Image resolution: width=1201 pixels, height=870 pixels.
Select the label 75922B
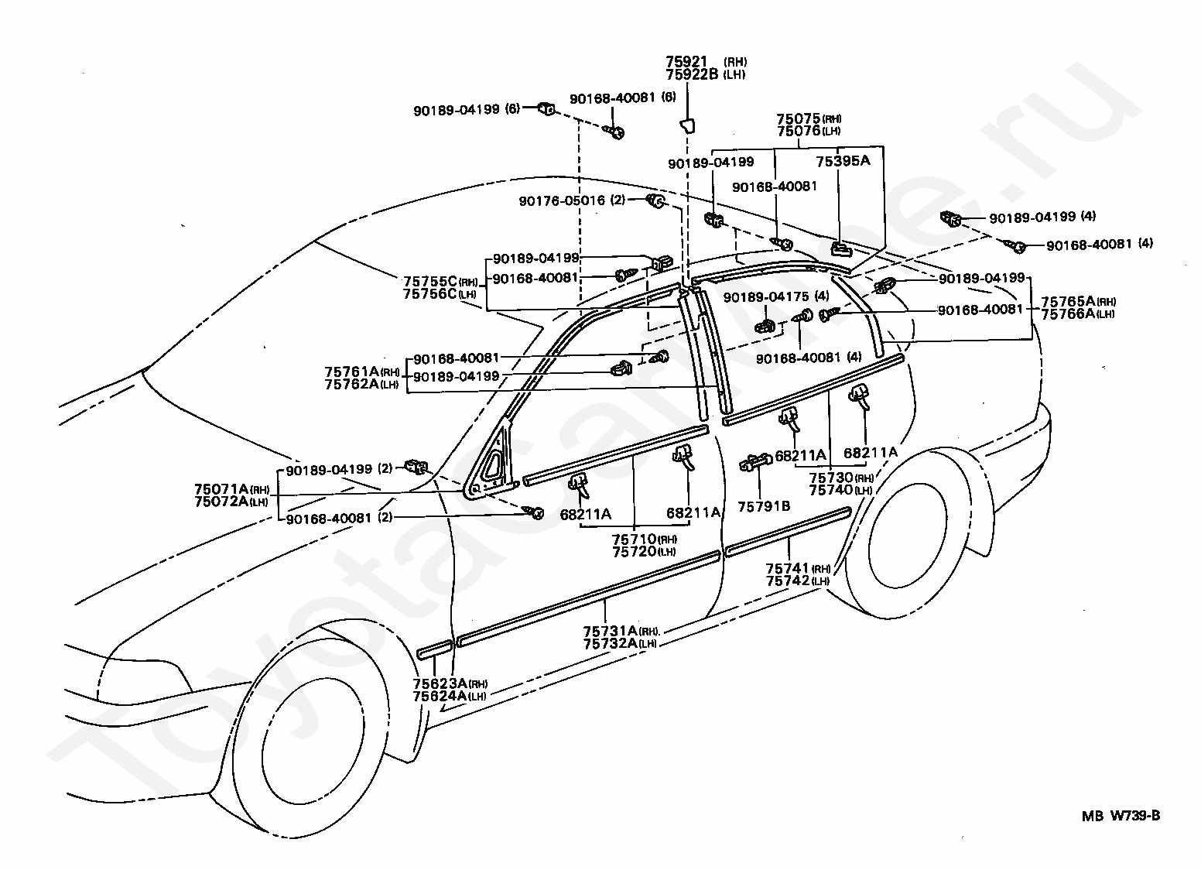click(692, 74)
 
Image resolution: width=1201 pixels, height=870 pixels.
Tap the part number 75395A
click(843, 161)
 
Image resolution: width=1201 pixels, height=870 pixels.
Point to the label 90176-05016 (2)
click(572, 200)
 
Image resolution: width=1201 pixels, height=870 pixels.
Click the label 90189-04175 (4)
click(776, 296)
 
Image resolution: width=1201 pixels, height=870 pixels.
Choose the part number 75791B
click(764, 506)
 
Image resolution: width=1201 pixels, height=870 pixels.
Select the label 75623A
click(440, 683)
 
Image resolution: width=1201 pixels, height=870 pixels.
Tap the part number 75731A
click(610, 631)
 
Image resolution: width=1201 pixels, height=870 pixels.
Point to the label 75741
click(787, 569)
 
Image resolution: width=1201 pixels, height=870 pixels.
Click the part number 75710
click(635, 539)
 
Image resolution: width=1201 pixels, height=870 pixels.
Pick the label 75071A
click(221, 489)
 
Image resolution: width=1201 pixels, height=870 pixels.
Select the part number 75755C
click(430, 282)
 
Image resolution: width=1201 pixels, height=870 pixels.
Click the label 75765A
click(1069, 301)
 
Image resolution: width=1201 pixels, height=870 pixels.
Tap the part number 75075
click(799, 118)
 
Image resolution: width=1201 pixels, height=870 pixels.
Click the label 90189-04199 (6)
click(467, 110)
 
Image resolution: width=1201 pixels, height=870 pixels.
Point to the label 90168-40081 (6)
click(622, 98)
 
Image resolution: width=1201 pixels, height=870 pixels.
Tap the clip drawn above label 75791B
click(755, 463)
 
